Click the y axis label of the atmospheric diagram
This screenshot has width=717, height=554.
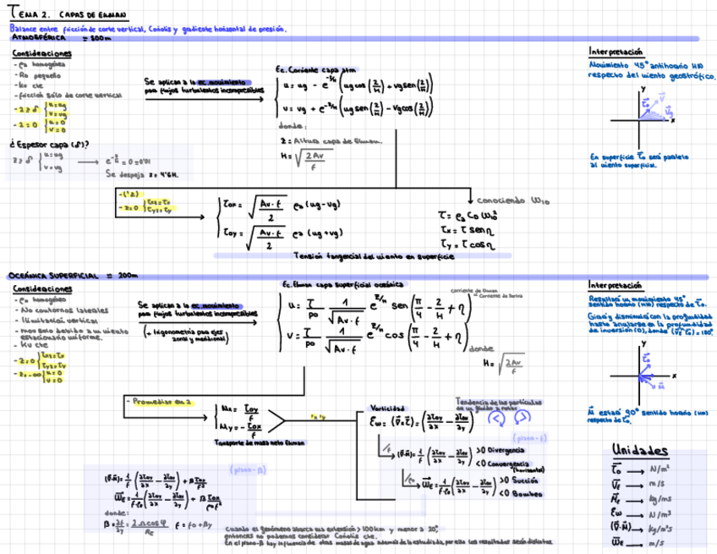coord(642,88)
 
